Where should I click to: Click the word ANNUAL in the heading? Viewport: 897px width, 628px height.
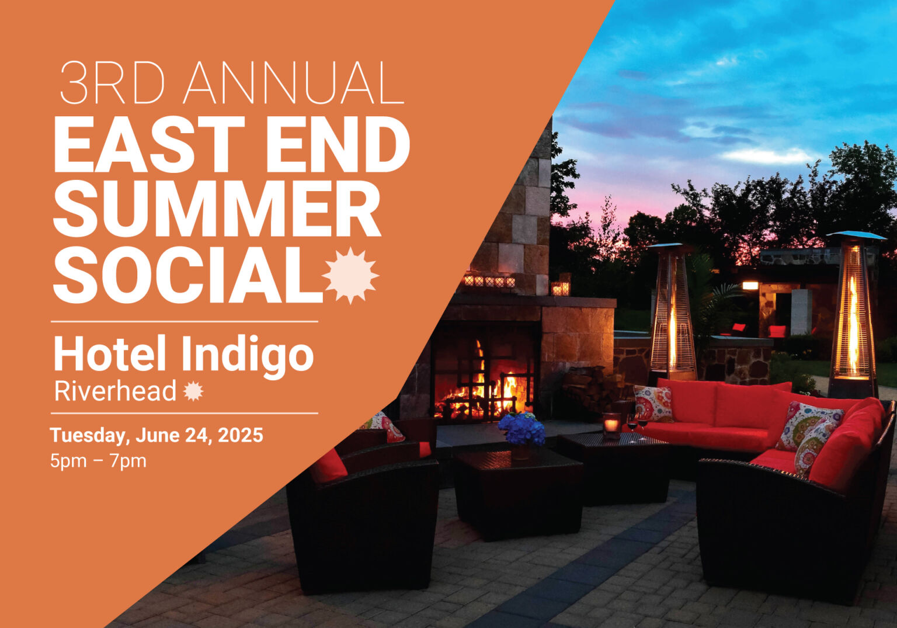coord(294,83)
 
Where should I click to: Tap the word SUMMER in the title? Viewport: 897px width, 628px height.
coord(217,209)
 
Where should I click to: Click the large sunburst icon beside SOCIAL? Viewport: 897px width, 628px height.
coord(350,275)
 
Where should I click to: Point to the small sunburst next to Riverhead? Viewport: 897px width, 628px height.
coord(193,391)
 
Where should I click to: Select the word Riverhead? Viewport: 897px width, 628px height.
coord(115,391)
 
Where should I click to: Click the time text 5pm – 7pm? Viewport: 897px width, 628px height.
coord(98,461)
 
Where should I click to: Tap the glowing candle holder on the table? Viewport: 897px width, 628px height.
coord(611,424)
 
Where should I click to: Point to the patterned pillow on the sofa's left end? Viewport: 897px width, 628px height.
coord(653,403)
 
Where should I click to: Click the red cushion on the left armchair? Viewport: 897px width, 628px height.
coord(328,466)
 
